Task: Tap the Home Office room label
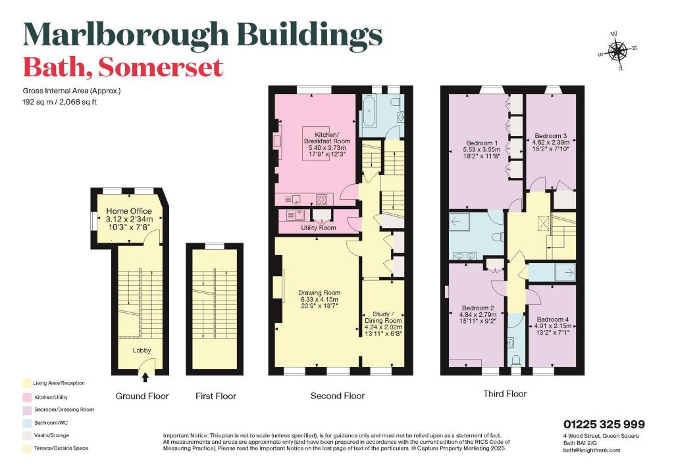130,211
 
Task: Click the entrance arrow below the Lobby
145,377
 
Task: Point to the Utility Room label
317,227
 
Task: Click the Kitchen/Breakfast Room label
326,137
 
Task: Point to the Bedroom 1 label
482,143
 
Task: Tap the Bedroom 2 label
478,308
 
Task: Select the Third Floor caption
504,394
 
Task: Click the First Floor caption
215,396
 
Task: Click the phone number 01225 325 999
604,424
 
